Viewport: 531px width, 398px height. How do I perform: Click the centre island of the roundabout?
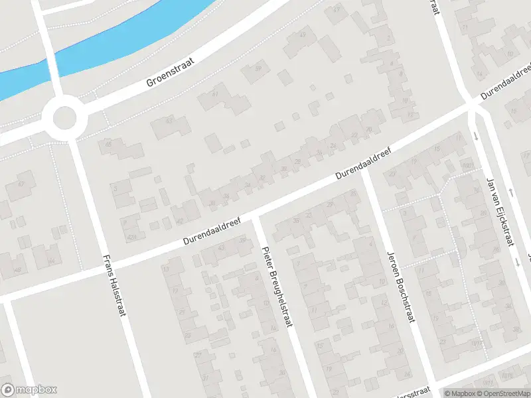(64, 119)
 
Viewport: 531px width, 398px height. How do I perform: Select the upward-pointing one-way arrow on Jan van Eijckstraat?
(510, 192)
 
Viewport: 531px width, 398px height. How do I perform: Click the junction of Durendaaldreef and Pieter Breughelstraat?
(254, 216)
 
